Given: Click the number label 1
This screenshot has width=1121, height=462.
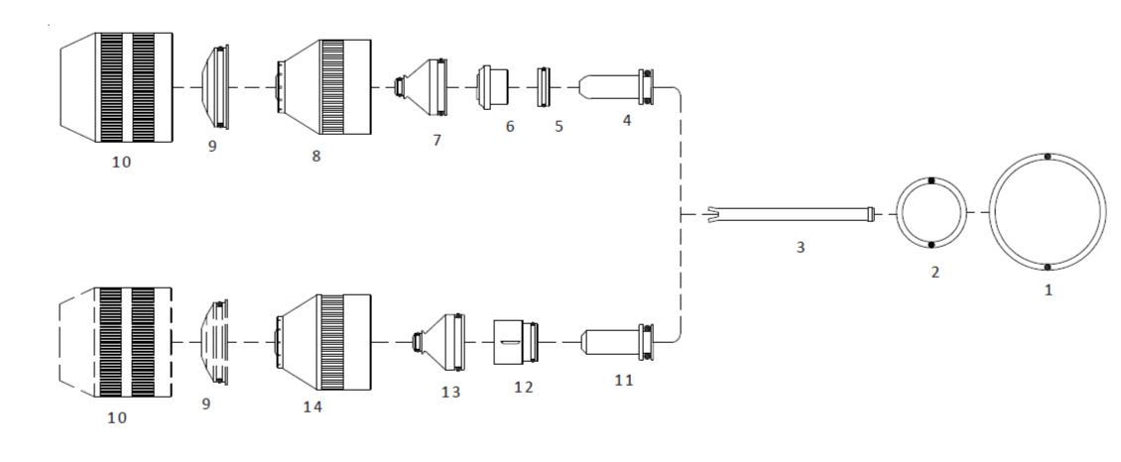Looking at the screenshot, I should pos(1048,293).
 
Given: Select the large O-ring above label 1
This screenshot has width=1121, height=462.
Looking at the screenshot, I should pos(1048,157).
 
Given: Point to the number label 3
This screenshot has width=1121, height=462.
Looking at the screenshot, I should pos(799,247).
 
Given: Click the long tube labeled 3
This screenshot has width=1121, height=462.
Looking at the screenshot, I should pos(794,212).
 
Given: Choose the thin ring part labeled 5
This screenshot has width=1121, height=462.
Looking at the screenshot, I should pos(542,86).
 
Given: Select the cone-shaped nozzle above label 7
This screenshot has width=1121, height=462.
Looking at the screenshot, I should pos(423,86).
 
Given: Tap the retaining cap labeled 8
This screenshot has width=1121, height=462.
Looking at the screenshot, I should pos(325,86).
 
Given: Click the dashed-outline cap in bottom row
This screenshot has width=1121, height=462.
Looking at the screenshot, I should pos(116,340).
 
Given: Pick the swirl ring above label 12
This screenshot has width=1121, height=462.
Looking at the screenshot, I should pos(517,340).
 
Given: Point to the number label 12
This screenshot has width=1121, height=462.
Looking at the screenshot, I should pos(524,386).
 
